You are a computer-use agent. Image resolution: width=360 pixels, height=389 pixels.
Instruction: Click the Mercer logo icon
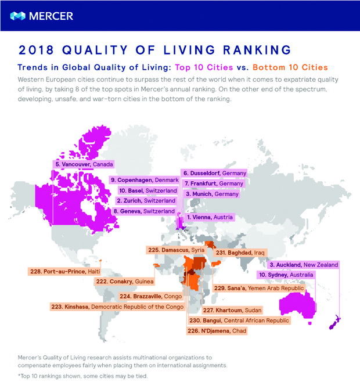point(17,16)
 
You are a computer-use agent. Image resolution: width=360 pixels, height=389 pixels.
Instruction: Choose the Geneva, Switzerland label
point(143,211)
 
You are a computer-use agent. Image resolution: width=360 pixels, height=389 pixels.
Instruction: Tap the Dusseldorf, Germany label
point(214,173)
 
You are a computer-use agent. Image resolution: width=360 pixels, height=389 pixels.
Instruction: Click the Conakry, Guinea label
point(124,282)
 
